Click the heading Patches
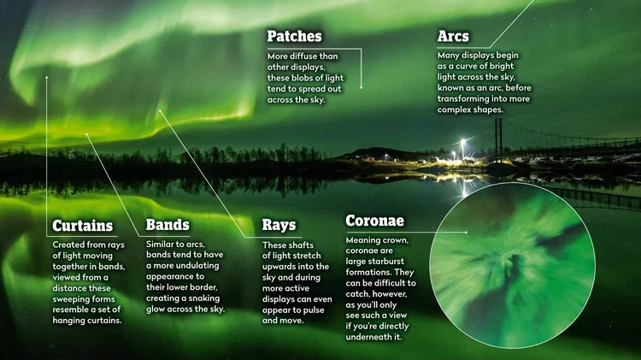[294, 37]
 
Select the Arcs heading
[453, 37]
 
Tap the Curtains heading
[83, 226]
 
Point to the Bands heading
[168, 225]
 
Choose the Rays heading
[279, 225]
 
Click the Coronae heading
[375, 221]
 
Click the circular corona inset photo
[512, 265]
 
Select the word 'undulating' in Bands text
[197, 266]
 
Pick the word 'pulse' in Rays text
[314, 310]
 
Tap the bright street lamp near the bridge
[462, 142]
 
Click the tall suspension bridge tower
[498, 139]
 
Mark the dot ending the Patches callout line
[361, 87]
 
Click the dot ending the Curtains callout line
[47, 77]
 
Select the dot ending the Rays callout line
[160, 110]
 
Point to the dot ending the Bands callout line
[86, 134]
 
